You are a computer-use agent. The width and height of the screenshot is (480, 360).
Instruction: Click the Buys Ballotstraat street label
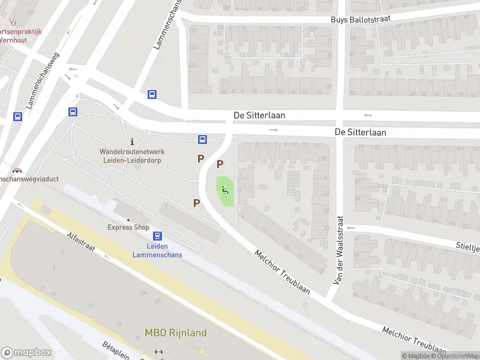click(x=361, y=19)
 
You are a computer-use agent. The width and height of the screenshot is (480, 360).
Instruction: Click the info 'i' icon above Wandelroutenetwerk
click(x=132, y=143)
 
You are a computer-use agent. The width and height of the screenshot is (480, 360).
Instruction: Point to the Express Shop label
click(x=128, y=227)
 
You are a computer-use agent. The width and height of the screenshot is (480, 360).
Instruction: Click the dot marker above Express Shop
click(x=128, y=220)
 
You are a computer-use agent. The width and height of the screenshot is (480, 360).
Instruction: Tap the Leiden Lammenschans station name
click(x=158, y=250)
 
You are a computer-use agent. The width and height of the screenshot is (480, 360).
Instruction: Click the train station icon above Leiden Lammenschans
click(x=157, y=236)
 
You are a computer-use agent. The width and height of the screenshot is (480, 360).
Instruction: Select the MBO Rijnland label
click(x=175, y=332)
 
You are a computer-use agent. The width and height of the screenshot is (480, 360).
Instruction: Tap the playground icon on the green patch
click(x=225, y=191)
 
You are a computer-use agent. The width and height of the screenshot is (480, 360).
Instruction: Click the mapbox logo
click(x=26, y=353)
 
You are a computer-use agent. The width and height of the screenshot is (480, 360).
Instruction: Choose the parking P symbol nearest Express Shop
click(x=196, y=203)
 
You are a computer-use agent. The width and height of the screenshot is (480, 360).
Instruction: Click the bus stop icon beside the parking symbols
click(x=202, y=140)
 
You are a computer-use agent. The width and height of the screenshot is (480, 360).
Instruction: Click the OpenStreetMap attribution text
click(x=455, y=356)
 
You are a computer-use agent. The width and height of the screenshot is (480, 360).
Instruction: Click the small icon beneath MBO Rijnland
click(x=158, y=352)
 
